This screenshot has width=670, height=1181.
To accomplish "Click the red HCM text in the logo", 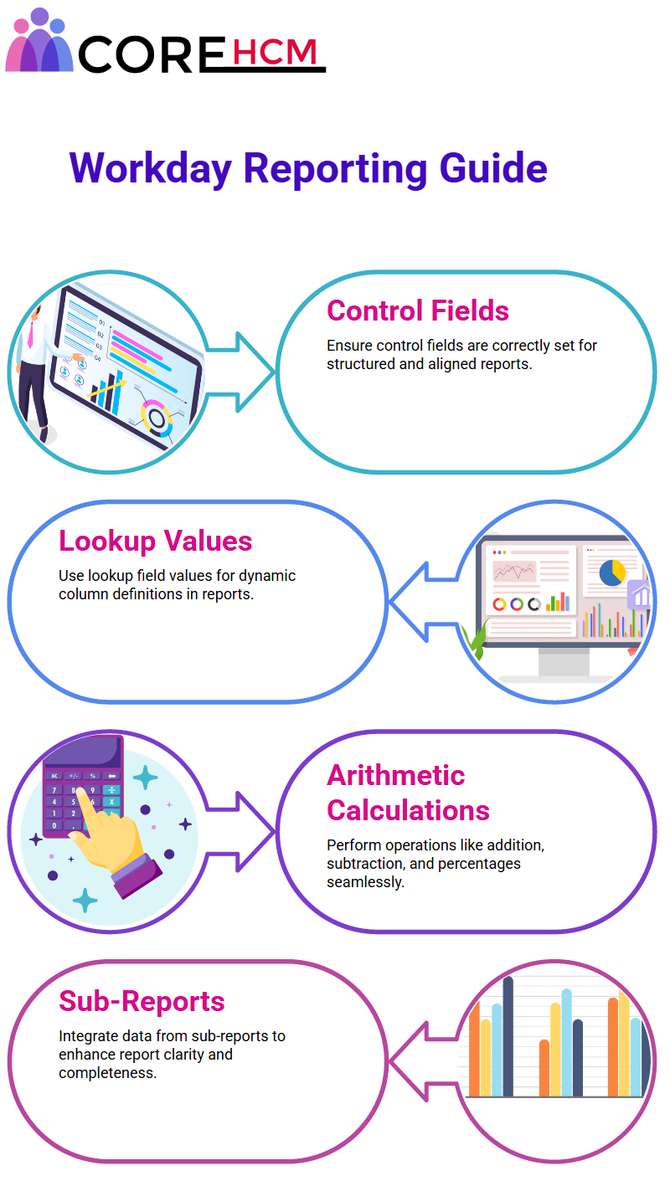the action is [275, 52].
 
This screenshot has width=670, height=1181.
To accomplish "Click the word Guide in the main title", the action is [493, 168].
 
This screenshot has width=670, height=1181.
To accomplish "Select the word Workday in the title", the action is [151, 168].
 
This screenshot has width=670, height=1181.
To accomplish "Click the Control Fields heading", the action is [418, 311].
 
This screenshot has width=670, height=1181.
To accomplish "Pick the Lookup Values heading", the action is [156, 542].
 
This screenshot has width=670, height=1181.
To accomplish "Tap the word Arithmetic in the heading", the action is [395, 775].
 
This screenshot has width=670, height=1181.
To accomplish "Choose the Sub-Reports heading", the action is [142, 1001].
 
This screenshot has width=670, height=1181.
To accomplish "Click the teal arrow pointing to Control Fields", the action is [240, 372].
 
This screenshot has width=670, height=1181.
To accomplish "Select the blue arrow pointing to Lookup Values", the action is [422, 602].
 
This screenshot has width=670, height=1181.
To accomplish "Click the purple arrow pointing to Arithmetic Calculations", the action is [240, 831].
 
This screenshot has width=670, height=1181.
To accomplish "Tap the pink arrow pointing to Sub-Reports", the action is [422, 1061].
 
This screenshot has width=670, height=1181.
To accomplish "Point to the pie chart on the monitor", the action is [612, 573].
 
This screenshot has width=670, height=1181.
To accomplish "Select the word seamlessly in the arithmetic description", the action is [365, 882].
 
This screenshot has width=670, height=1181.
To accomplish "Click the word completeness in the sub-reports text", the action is [108, 1073].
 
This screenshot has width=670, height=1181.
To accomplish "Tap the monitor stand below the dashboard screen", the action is [564, 662].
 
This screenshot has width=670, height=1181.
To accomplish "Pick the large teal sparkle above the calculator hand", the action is [146, 777].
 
